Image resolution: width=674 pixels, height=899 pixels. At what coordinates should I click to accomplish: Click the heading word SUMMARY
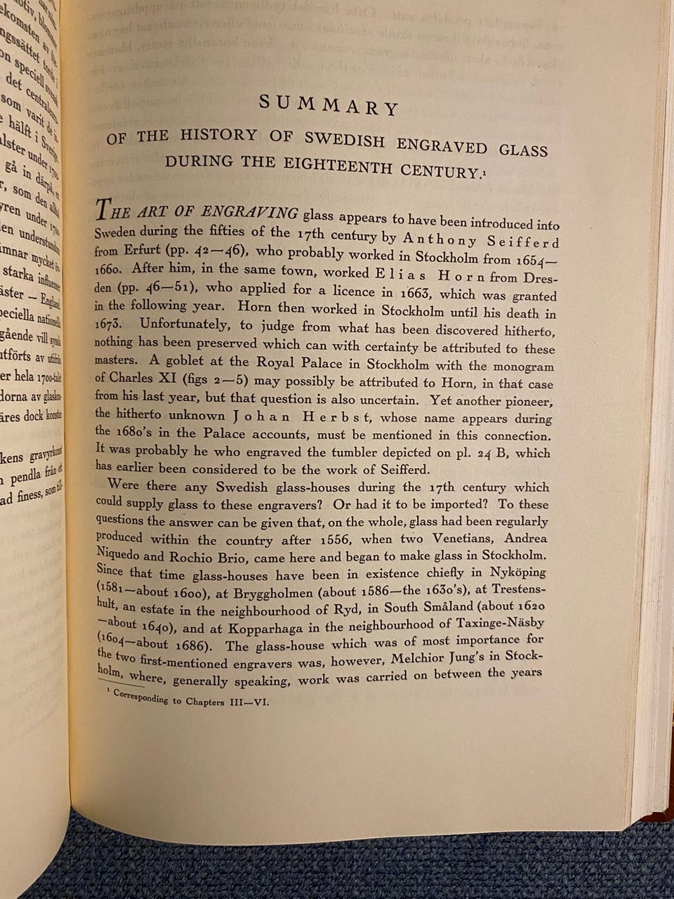pyautogui.click(x=329, y=105)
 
